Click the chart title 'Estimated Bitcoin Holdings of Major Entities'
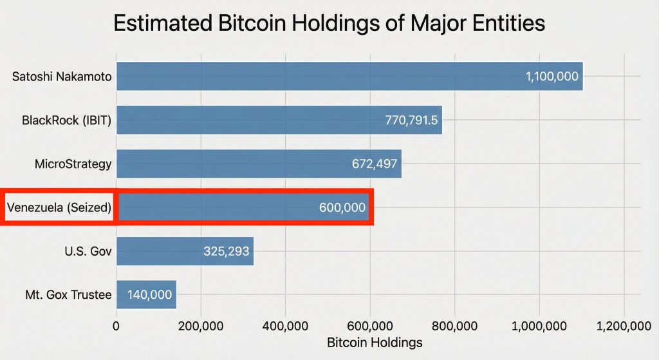329,24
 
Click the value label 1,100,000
552,77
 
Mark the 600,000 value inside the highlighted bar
342,207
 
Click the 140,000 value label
149,295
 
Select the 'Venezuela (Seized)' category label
59,207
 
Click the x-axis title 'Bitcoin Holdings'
375,342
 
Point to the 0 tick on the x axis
116,325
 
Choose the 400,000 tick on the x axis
285,325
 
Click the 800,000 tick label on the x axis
454,325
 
